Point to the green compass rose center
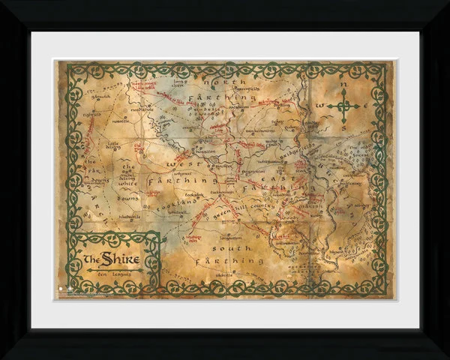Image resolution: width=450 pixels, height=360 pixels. pos(343,106)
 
